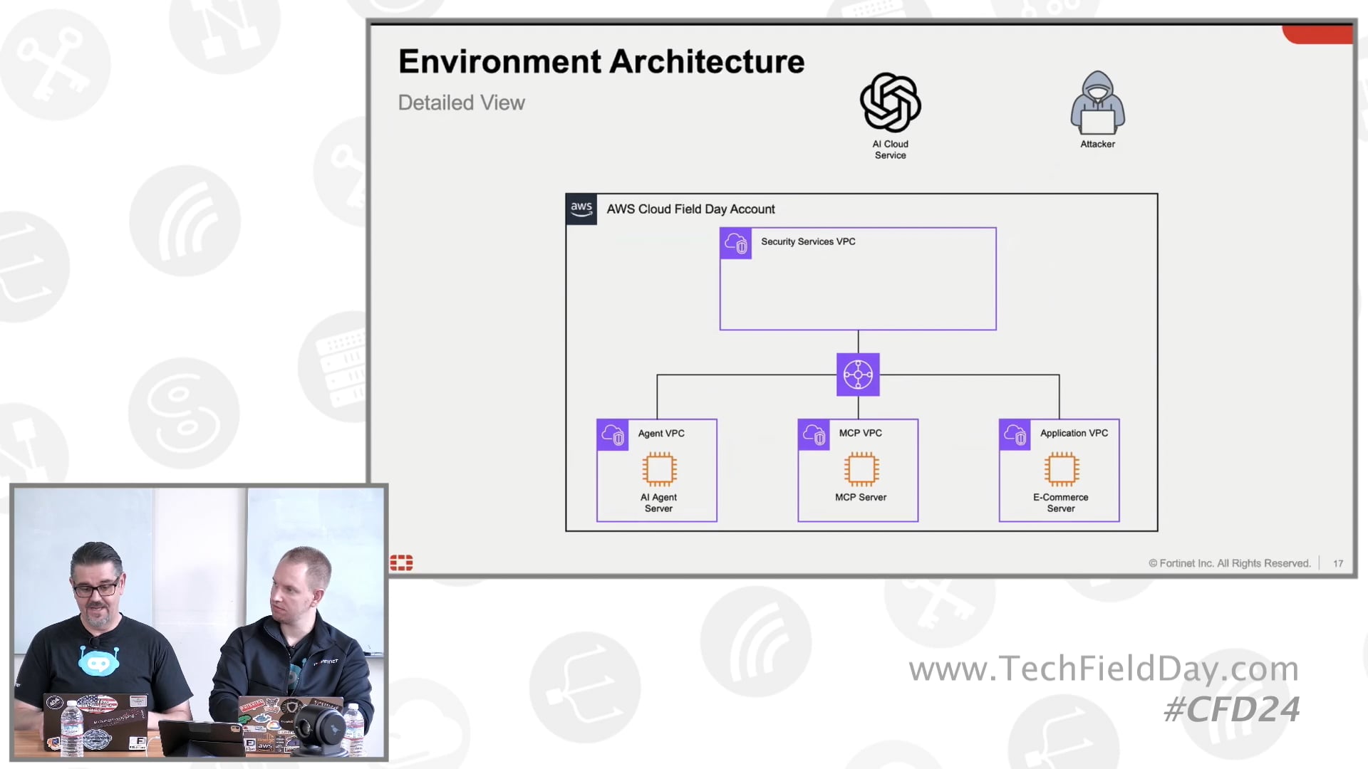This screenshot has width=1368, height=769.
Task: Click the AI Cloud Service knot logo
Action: click(x=890, y=103)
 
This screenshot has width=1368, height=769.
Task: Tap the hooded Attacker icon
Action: click(x=1097, y=103)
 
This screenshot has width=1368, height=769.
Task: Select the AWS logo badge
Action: click(x=581, y=209)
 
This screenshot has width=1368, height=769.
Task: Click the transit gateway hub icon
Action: click(x=858, y=375)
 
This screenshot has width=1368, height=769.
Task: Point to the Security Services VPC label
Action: click(x=808, y=242)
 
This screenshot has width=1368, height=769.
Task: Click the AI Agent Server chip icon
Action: click(x=659, y=469)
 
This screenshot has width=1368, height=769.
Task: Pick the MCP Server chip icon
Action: click(x=861, y=469)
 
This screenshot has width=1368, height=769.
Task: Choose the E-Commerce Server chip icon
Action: click(x=1062, y=469)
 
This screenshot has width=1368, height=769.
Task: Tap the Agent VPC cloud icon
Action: click(x=613, y=434)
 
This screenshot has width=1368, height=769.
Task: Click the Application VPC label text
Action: click(x=1074, y=433)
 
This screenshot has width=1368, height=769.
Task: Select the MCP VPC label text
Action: click(x=860, y=433)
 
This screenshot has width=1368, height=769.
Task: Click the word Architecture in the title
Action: click(x=707, y=62)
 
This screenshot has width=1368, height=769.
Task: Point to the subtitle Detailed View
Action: click(x=461, y=103)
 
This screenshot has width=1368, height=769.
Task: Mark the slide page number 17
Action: click(x=1338, y=563)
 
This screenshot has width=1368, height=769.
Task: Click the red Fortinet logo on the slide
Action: click(x=401, y=563)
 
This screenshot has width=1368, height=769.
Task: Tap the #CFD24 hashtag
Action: click(x=1231, y=709)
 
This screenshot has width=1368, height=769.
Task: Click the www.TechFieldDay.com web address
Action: click(x=1103, y=669)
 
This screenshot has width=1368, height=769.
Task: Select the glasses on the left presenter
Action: click(x=96, y=589)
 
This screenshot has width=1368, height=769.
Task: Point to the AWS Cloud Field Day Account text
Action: click(x=690, y=209)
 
